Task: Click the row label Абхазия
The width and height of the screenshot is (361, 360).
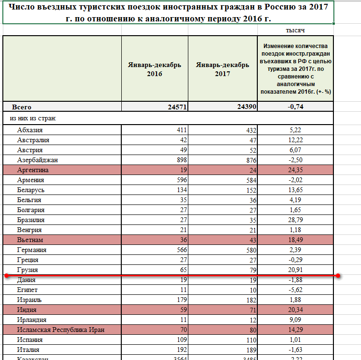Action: (30, 130)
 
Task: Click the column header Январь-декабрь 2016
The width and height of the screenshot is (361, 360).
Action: (155, 69)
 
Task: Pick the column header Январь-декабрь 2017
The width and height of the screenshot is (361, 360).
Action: (222, 69)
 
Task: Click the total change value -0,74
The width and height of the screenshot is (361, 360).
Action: (295, 107)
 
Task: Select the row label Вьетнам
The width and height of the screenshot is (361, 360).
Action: (30, 240)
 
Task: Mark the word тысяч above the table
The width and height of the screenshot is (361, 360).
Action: (295, 30)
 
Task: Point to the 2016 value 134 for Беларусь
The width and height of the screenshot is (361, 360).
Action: (180, 190)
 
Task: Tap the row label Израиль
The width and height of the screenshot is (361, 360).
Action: (29, 300)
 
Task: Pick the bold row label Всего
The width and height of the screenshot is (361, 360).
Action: (22, 107)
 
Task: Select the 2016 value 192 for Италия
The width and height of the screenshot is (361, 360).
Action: (180, 350)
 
